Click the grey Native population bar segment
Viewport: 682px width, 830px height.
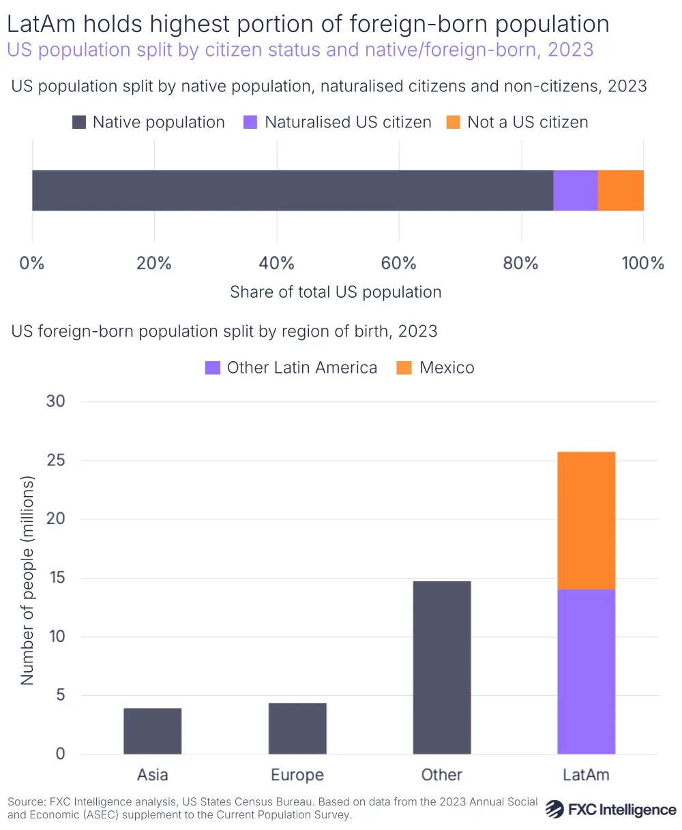[x=292, y=190]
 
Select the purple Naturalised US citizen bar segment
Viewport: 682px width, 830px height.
[x=575, y=190]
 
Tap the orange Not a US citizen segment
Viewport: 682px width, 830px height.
[x=621, y=190]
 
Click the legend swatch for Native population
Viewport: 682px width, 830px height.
[x=79, y=123]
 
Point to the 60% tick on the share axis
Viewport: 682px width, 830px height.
[x=399, y=263]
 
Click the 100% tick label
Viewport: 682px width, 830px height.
[x=642, y=263]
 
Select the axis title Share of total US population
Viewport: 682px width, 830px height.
[x=336, y=292]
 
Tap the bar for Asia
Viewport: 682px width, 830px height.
[x=153, y=731]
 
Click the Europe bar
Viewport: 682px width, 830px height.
[x=297, y=728]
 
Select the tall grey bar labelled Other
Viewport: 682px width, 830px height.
[x=442, y=667]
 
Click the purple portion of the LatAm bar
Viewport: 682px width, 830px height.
[x=587, y=671]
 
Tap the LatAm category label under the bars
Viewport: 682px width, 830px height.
[x=587, y=775]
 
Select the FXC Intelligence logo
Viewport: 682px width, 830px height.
[x=611, y=810]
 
